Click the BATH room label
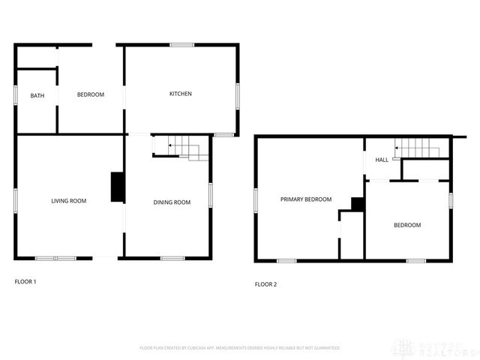[37, 95]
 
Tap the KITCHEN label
[180, 94]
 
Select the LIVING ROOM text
[69, 201]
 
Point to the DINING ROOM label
[172, 202]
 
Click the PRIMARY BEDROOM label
[306, 199]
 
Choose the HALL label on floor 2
[382, 160]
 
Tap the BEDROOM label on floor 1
[91, 94]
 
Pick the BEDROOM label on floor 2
[407, 225]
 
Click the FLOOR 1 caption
[25, 282]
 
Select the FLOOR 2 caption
[265, 284]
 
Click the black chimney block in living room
[118, 187]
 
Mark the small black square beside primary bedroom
[358, 203]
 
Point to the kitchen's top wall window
[181, 45]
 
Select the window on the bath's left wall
[16, 95]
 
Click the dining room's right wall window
[211, 193]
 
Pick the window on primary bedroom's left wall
[256, 199]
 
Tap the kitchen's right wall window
[238, 94]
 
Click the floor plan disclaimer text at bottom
[240, 348]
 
